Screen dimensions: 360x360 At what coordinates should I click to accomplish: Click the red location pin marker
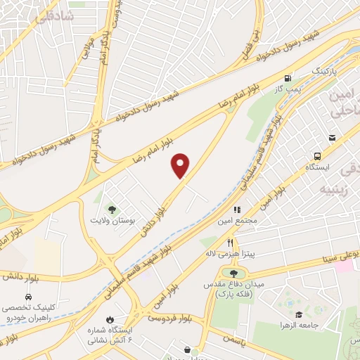(x=181, y=165)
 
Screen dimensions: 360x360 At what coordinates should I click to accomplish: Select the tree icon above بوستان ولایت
(x=111, y=208)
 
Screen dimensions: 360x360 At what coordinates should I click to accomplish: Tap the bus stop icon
(x=318, y=156)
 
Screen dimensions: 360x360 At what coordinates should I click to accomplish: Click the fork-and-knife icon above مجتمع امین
(x=237, y=209)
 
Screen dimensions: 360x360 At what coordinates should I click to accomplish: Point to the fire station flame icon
(x=108, y=321)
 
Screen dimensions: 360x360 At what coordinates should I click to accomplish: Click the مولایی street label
(x=82, y=51)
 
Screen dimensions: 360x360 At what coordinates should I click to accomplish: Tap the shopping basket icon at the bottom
(x=186, y=349)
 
